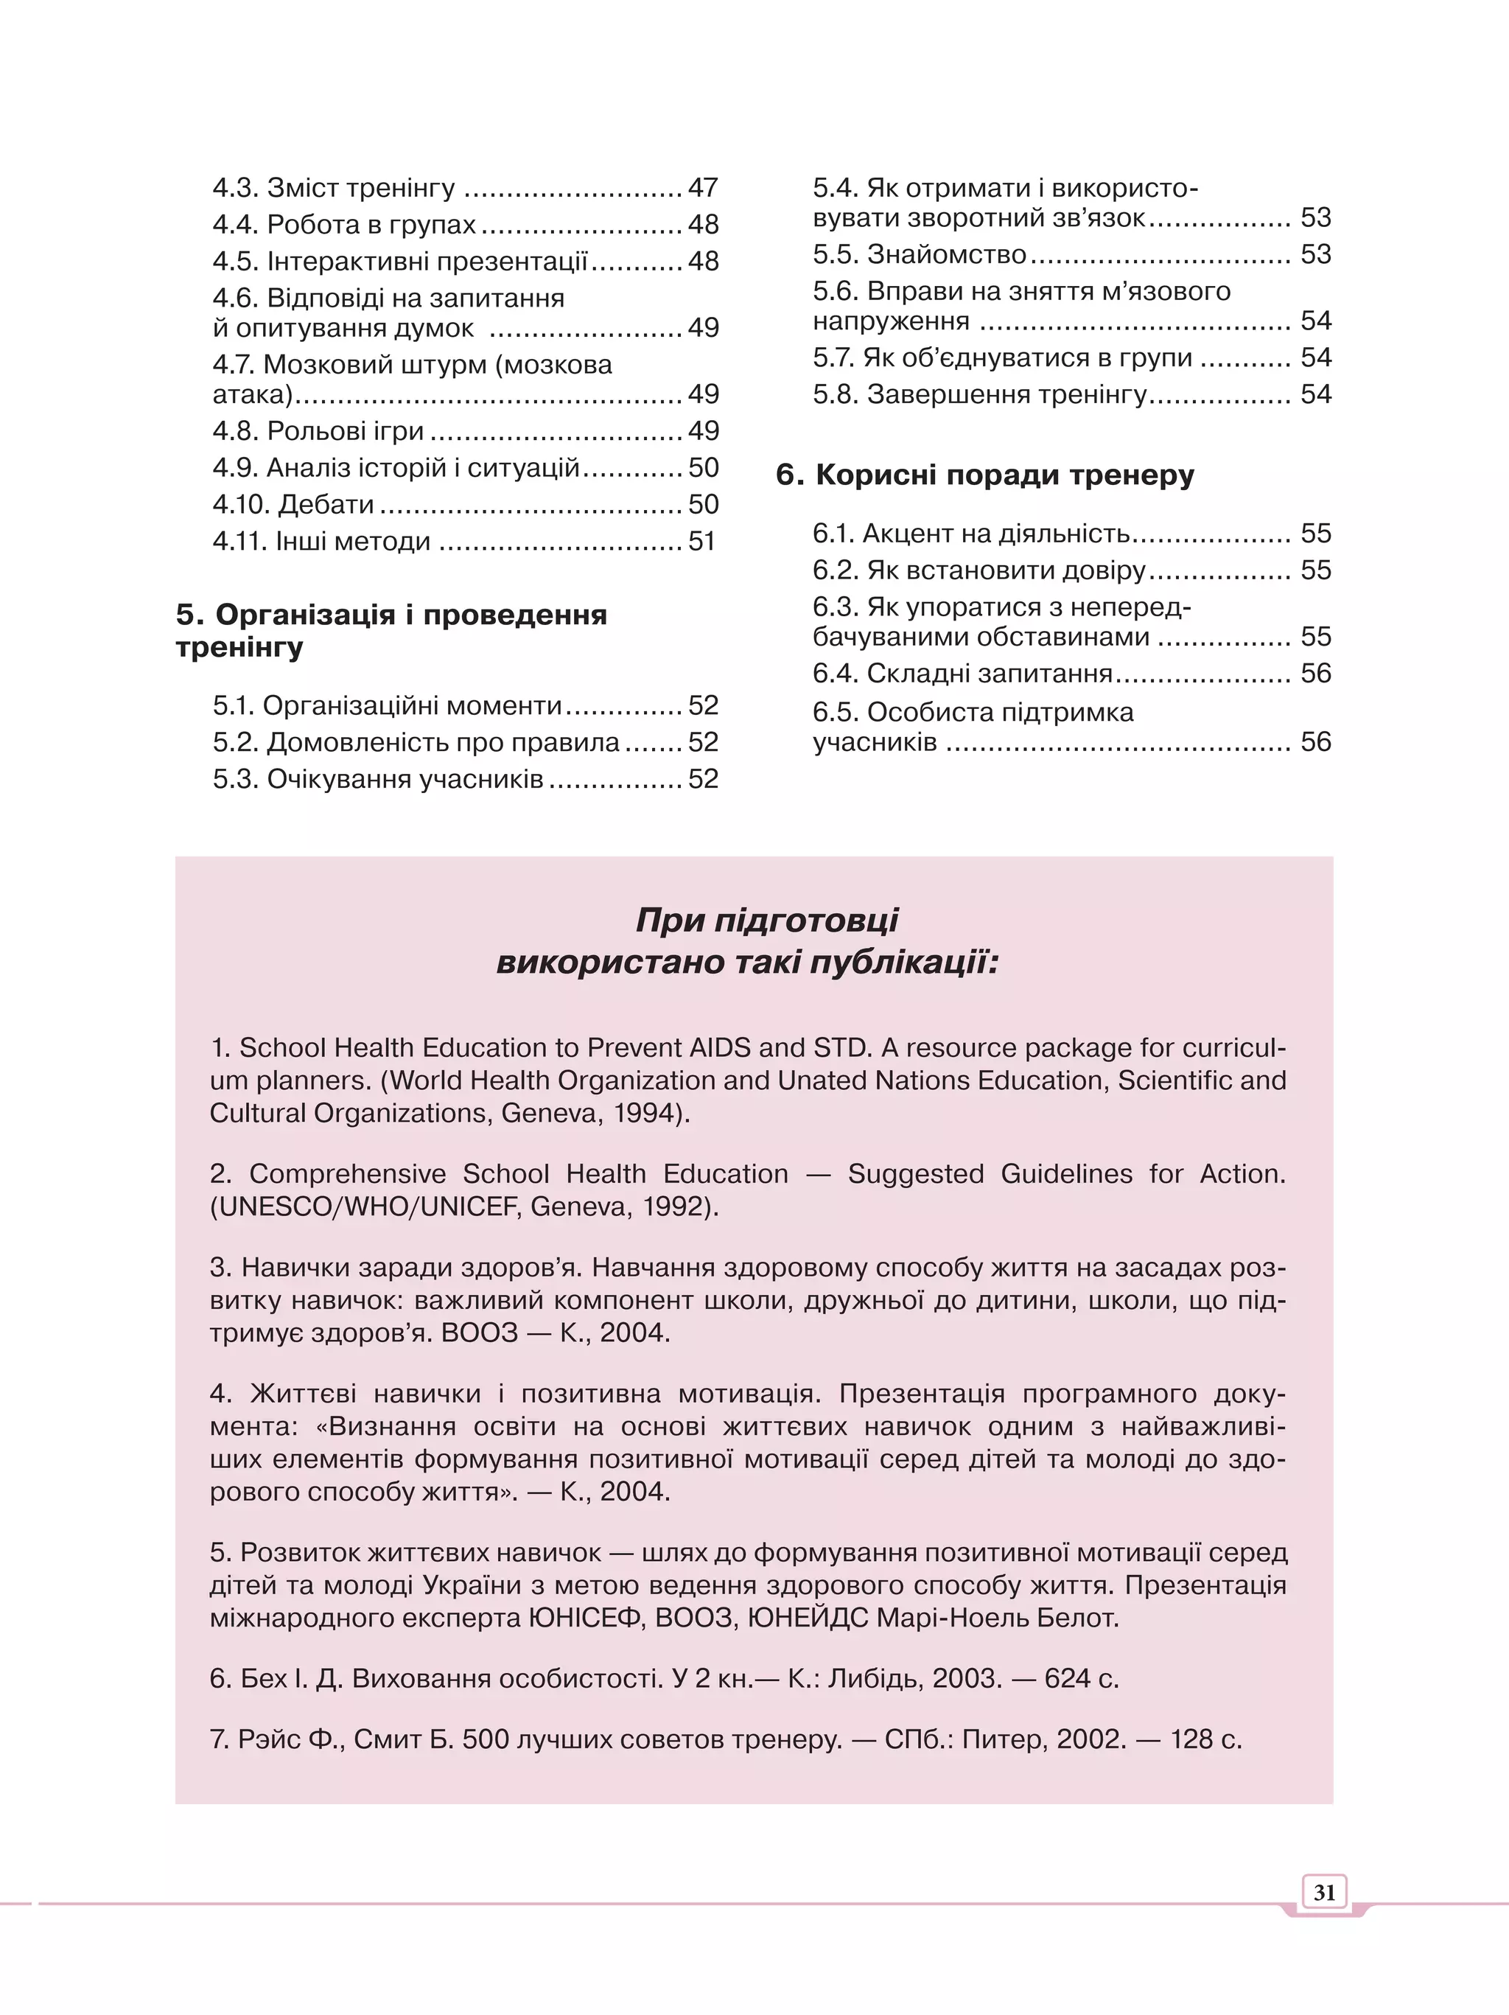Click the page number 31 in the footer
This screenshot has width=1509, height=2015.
(x=1323, y=1892)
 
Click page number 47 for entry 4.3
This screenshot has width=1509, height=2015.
(x=703, y=188)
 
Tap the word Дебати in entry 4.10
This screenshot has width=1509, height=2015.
(x=326, y=504)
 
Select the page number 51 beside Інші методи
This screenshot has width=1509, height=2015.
(x=701, y=541)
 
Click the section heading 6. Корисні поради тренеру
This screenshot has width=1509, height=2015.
(x=984, y=475)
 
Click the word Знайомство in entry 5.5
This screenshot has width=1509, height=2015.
(x=946, y=254)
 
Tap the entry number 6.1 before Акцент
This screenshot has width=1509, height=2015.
(x=833, y=533)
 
